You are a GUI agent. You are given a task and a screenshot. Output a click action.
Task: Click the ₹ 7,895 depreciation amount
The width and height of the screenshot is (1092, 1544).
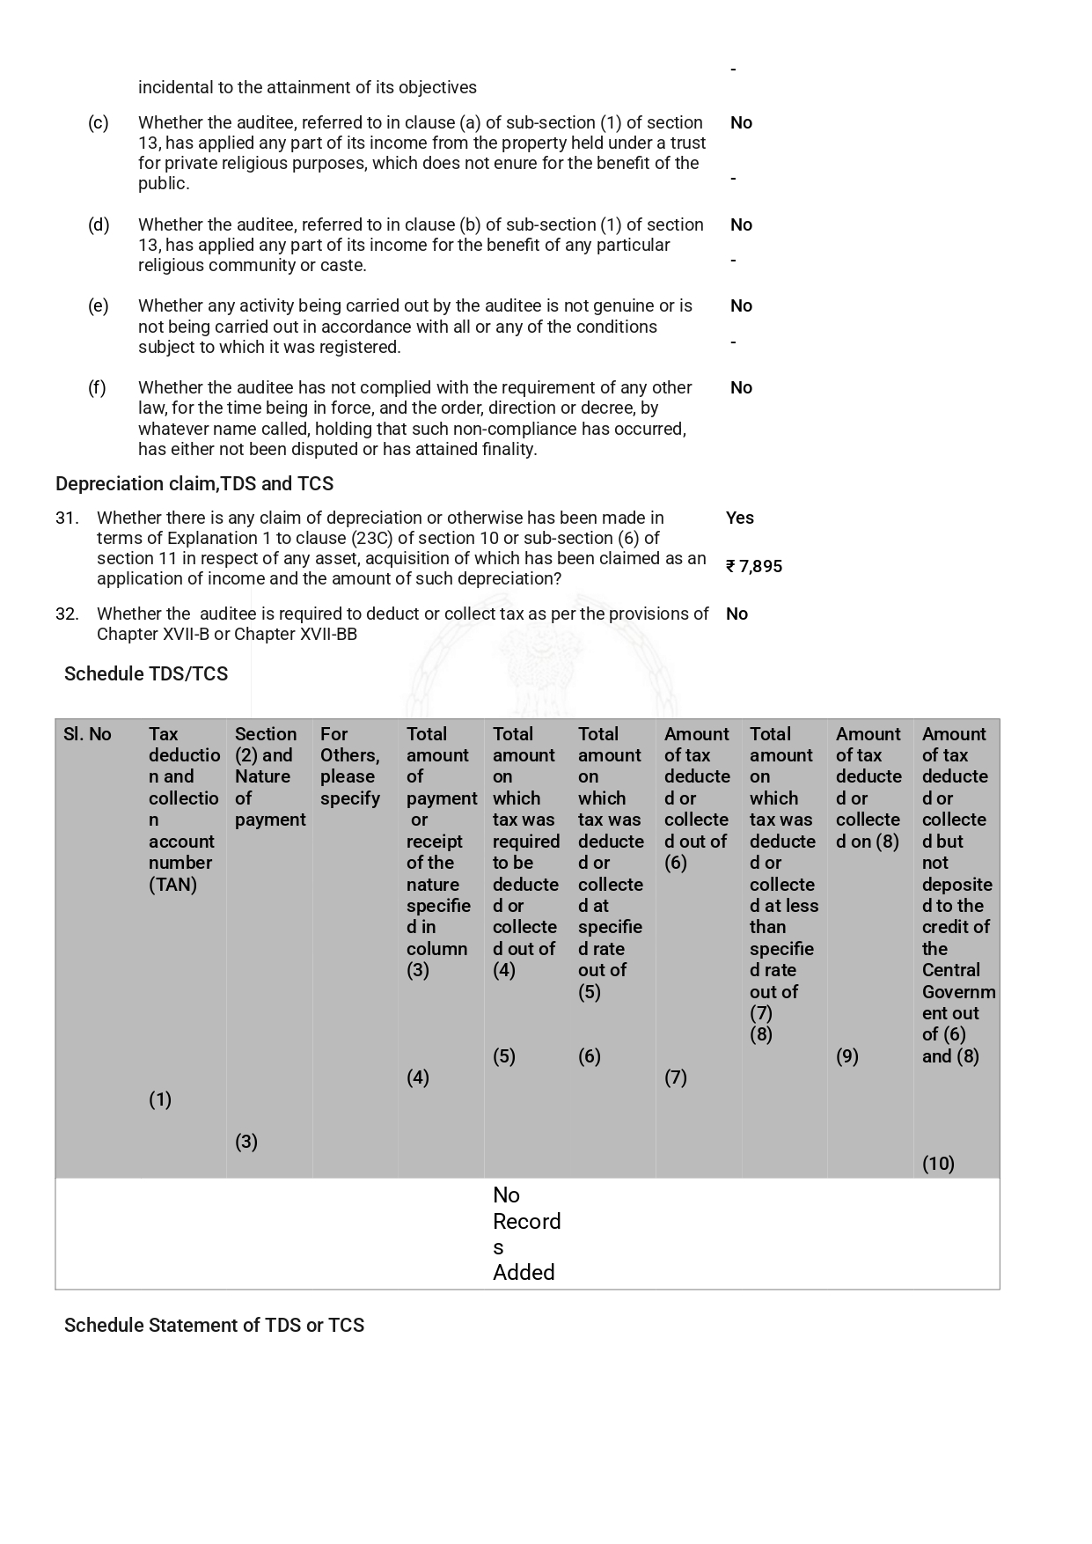[754, 566]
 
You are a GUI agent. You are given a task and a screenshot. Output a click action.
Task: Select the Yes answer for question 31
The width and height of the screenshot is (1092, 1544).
[739, 518]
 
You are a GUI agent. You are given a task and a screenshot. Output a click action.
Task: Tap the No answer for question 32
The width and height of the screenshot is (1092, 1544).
[737, 614]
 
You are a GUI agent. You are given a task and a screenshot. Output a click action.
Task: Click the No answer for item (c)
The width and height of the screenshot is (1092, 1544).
[741, 122]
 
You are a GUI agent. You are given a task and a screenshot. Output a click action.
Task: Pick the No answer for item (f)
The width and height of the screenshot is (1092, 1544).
[741, 387]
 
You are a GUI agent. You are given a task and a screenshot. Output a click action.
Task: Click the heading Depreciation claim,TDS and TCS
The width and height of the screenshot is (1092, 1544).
[194, 483]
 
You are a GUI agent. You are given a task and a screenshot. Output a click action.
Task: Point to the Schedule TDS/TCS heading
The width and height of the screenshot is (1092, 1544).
[146, 673]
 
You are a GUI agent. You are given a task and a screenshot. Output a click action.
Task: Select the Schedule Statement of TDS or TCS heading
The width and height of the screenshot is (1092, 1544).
[214, 1325]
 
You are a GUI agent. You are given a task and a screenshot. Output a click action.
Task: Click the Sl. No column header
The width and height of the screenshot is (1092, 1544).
[87, 734]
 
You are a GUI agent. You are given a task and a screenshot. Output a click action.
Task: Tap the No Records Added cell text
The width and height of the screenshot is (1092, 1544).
[525, 1233]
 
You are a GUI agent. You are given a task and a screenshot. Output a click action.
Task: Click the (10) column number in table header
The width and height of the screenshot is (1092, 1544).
[938, 1164]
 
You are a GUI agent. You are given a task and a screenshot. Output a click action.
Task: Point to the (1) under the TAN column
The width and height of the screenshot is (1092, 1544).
[159, 1099]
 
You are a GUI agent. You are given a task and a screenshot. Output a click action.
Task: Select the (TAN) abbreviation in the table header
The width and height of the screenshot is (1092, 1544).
[172, 885]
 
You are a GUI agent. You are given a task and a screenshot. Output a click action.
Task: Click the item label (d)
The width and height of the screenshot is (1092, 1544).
[99, 224]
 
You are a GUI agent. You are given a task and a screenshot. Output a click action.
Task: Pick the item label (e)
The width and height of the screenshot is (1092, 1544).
[99, 305]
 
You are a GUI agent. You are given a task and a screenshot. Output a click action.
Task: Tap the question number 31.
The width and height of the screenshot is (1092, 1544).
[67, 518]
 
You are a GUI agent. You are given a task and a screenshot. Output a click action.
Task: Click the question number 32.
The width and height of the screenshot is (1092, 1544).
[67, 614]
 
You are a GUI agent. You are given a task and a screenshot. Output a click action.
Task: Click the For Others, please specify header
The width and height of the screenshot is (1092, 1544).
[350, 766]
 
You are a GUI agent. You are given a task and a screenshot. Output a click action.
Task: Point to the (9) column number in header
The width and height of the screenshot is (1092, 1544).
[846, 1056]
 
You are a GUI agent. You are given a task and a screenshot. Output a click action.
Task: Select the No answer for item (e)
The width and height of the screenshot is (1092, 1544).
[741, 305]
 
